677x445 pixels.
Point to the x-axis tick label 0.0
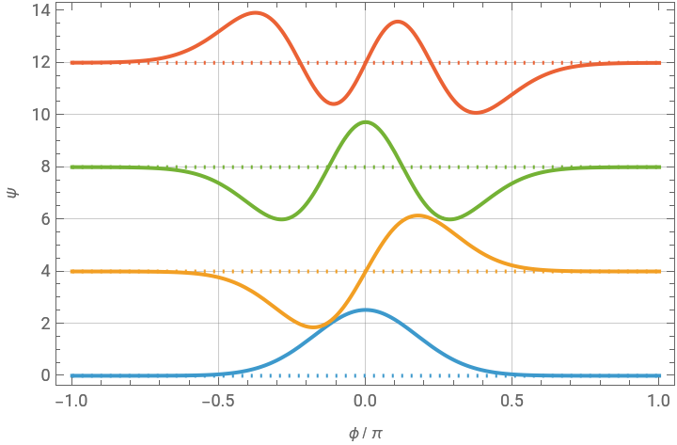pos(366,400)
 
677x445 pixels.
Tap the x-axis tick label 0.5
pos(512,400)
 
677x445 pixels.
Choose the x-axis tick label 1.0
pos(659,400)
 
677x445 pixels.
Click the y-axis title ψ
pos(12,194)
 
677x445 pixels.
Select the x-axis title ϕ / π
pos(366,432)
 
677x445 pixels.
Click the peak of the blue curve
pos(366,310)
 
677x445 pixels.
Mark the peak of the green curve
pos(366,121)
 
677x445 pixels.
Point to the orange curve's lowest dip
pos(317,326)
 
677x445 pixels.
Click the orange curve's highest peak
pos(417,216)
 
